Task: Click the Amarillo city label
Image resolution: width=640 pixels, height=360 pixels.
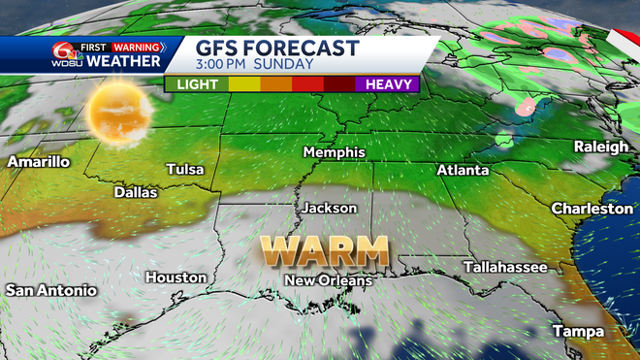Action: (38, 162)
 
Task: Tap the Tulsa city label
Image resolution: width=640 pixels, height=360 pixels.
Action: (185, 169)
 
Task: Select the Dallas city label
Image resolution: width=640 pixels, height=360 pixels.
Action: (135, 192)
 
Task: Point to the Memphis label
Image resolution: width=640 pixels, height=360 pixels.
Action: (334, 152)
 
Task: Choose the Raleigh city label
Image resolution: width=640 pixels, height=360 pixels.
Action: (600, 147)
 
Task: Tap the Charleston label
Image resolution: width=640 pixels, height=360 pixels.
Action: (592, 209)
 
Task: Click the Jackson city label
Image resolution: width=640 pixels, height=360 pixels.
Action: (329, 208)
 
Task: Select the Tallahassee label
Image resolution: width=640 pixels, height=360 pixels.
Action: (498, 265)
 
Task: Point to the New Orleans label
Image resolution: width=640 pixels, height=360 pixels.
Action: (328, 280)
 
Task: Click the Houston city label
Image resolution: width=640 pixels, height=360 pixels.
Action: (176, 278)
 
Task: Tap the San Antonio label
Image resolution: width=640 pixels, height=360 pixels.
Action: (51, 290)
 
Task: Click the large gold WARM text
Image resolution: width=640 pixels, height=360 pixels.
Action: (327, 250)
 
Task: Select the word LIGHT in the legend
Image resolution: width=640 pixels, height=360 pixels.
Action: (197, 84)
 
